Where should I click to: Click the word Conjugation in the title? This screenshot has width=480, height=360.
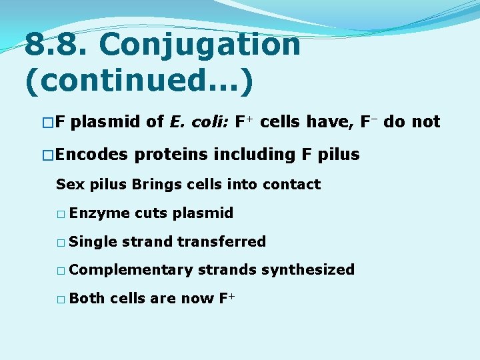(200, 45)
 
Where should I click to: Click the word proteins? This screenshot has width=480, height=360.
(173, 155)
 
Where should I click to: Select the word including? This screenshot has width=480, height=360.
(256, 155)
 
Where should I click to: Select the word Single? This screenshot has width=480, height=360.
(93, 241)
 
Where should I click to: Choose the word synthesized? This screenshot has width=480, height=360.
(307, 270)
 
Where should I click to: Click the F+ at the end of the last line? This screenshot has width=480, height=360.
(227, 298)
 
